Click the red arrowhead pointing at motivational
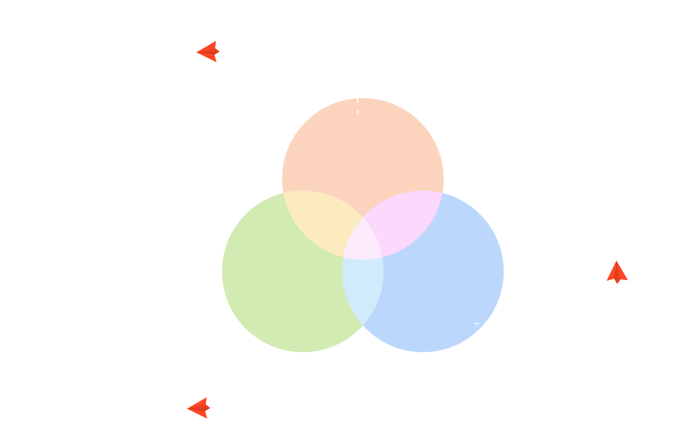(x=208, y=51)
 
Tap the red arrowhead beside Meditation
(x=199, y=408)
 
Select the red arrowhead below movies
(x=617, y=271)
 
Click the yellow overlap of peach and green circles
(x=319, y=222)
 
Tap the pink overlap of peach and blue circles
(x=405, y=222)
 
